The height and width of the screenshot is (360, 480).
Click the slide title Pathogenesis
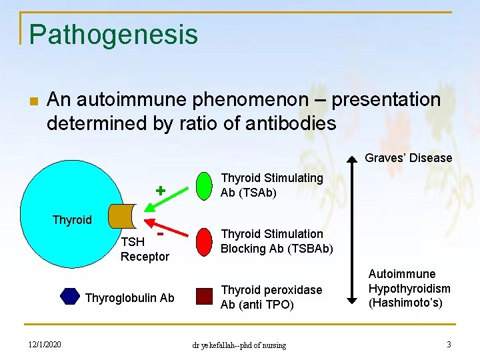click(113, 34)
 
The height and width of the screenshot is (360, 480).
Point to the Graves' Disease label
click(408, 158)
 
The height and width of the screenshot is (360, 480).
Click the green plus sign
click(160, 190)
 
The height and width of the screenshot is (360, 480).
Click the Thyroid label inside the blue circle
click(72, 220)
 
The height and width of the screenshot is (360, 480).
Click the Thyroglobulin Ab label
click(129, 298)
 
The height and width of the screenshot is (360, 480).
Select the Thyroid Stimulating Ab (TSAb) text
click(271, 185)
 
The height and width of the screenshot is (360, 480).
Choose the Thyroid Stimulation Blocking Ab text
click(276, 241)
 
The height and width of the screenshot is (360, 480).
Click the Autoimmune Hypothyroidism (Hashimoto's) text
click(409, 288)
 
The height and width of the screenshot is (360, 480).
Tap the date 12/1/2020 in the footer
click(45, 344)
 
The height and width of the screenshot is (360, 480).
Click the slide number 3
click(449, 344)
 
